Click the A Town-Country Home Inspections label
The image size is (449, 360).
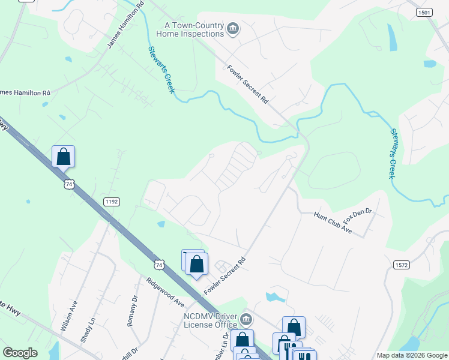tap(190, 29)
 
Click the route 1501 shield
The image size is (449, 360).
tap(425, 12)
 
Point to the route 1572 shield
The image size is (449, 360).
tap(402, 265)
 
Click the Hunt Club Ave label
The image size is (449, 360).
tap(334, 223)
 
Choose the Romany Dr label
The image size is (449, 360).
tap(132, 310)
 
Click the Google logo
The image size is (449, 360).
tap(20, 353)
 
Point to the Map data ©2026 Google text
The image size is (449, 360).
tap(411, 355)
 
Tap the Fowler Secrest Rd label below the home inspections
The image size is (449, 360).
tap(247, 85)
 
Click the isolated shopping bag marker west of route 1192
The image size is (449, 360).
tap(64, 157)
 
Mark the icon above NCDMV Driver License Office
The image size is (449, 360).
tap(196, 263)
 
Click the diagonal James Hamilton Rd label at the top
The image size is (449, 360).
tap(125, 25)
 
